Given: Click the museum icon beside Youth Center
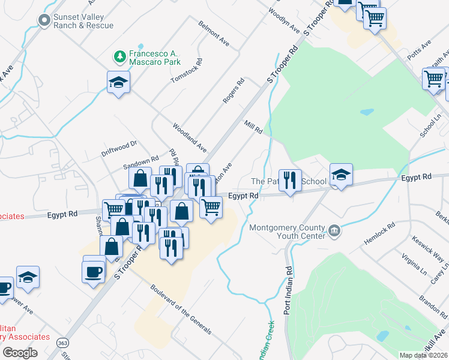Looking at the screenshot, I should click(334, 230).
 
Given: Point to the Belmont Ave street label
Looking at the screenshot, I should click(214, 34).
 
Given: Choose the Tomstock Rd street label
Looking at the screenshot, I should click(187, 71).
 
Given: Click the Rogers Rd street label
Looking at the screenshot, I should click(234, 91).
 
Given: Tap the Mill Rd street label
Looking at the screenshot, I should click(253, 126).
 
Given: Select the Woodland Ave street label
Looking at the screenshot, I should click(189, 137).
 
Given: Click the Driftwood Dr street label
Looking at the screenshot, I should click(119, 148).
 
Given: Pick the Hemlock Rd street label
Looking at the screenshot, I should click(379, 234).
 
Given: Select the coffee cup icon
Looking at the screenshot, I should click(93, 271).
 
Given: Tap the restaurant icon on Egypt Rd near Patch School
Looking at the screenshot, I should click(289, 180).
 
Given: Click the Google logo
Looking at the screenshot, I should click(20, 353).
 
